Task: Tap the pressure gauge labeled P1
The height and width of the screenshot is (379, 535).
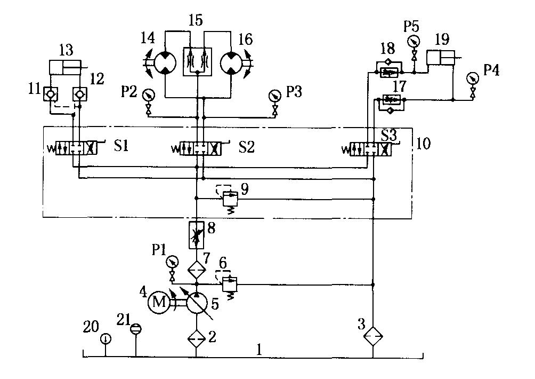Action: point(172,262)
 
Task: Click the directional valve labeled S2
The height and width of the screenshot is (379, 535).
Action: point(198,148)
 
